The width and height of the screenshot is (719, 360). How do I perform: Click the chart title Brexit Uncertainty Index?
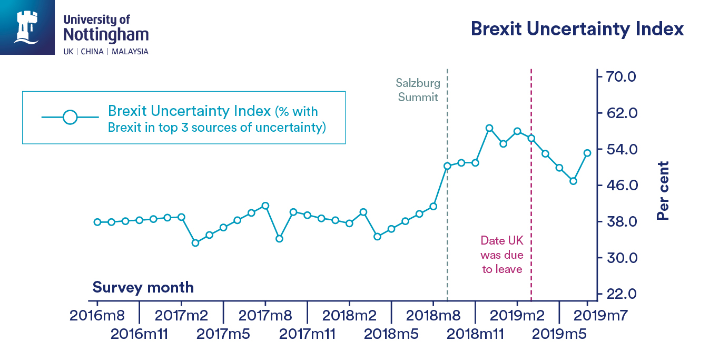point(577,28)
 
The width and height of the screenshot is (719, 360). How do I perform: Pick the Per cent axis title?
point(663,191)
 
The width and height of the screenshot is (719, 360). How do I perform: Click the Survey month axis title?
point(143,288)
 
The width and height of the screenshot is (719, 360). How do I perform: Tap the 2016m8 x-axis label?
point(97,316)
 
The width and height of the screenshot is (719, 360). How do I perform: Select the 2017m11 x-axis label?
point(307,334)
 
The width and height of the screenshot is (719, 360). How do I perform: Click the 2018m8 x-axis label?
point(433,316)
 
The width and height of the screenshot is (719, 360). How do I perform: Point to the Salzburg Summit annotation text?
point(418,90)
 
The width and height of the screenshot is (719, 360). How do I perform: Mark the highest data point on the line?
point(489,128)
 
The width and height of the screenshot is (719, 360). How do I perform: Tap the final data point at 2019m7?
point(587,153)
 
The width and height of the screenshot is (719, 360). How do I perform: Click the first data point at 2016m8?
point(97,222)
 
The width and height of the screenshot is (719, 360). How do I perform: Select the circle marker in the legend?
point(70,117)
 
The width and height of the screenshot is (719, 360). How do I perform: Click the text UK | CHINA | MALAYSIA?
point(106,52)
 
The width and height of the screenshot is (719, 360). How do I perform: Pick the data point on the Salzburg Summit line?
point(447,166)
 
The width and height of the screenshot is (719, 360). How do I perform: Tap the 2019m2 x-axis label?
point(517,316)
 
